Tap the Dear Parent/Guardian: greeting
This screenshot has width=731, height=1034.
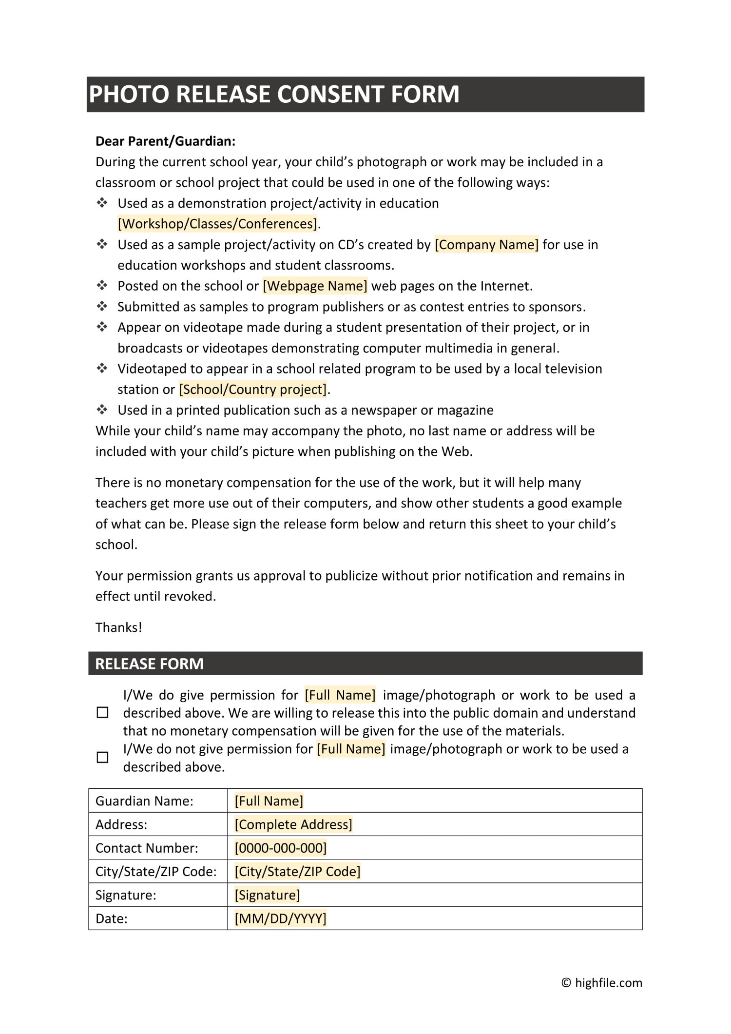(x=165, y=141)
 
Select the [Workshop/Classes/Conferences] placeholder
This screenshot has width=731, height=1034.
(x=217, y=224)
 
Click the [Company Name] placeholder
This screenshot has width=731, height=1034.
(x=486, y=245)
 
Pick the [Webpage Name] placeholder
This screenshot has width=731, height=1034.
(x=315, y=286)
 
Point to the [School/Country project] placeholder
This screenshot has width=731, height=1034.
(x=253, y=390)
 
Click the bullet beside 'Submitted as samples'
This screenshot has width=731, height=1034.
(x=102, y=307)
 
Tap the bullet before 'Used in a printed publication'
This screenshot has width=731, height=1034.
(x=102, y=410)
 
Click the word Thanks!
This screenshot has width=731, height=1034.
(x=118, y=627)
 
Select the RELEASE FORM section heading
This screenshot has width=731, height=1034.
(x=149, y=664)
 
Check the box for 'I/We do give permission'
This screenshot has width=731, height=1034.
(x=103, y=713)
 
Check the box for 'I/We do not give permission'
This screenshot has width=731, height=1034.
(x=103, y=757)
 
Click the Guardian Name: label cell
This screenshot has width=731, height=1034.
(x=144, y=801)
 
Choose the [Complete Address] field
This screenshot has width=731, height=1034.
(x=293, y=824)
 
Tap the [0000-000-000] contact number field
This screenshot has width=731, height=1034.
(x=281, y=848)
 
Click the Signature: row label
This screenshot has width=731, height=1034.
(x=126, y=895)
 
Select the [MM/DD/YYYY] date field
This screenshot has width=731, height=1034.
(x=281, y=918)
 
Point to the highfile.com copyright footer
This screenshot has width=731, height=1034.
(x=602, y=983)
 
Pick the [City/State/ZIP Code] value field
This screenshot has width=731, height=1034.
(x=297, y=872)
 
